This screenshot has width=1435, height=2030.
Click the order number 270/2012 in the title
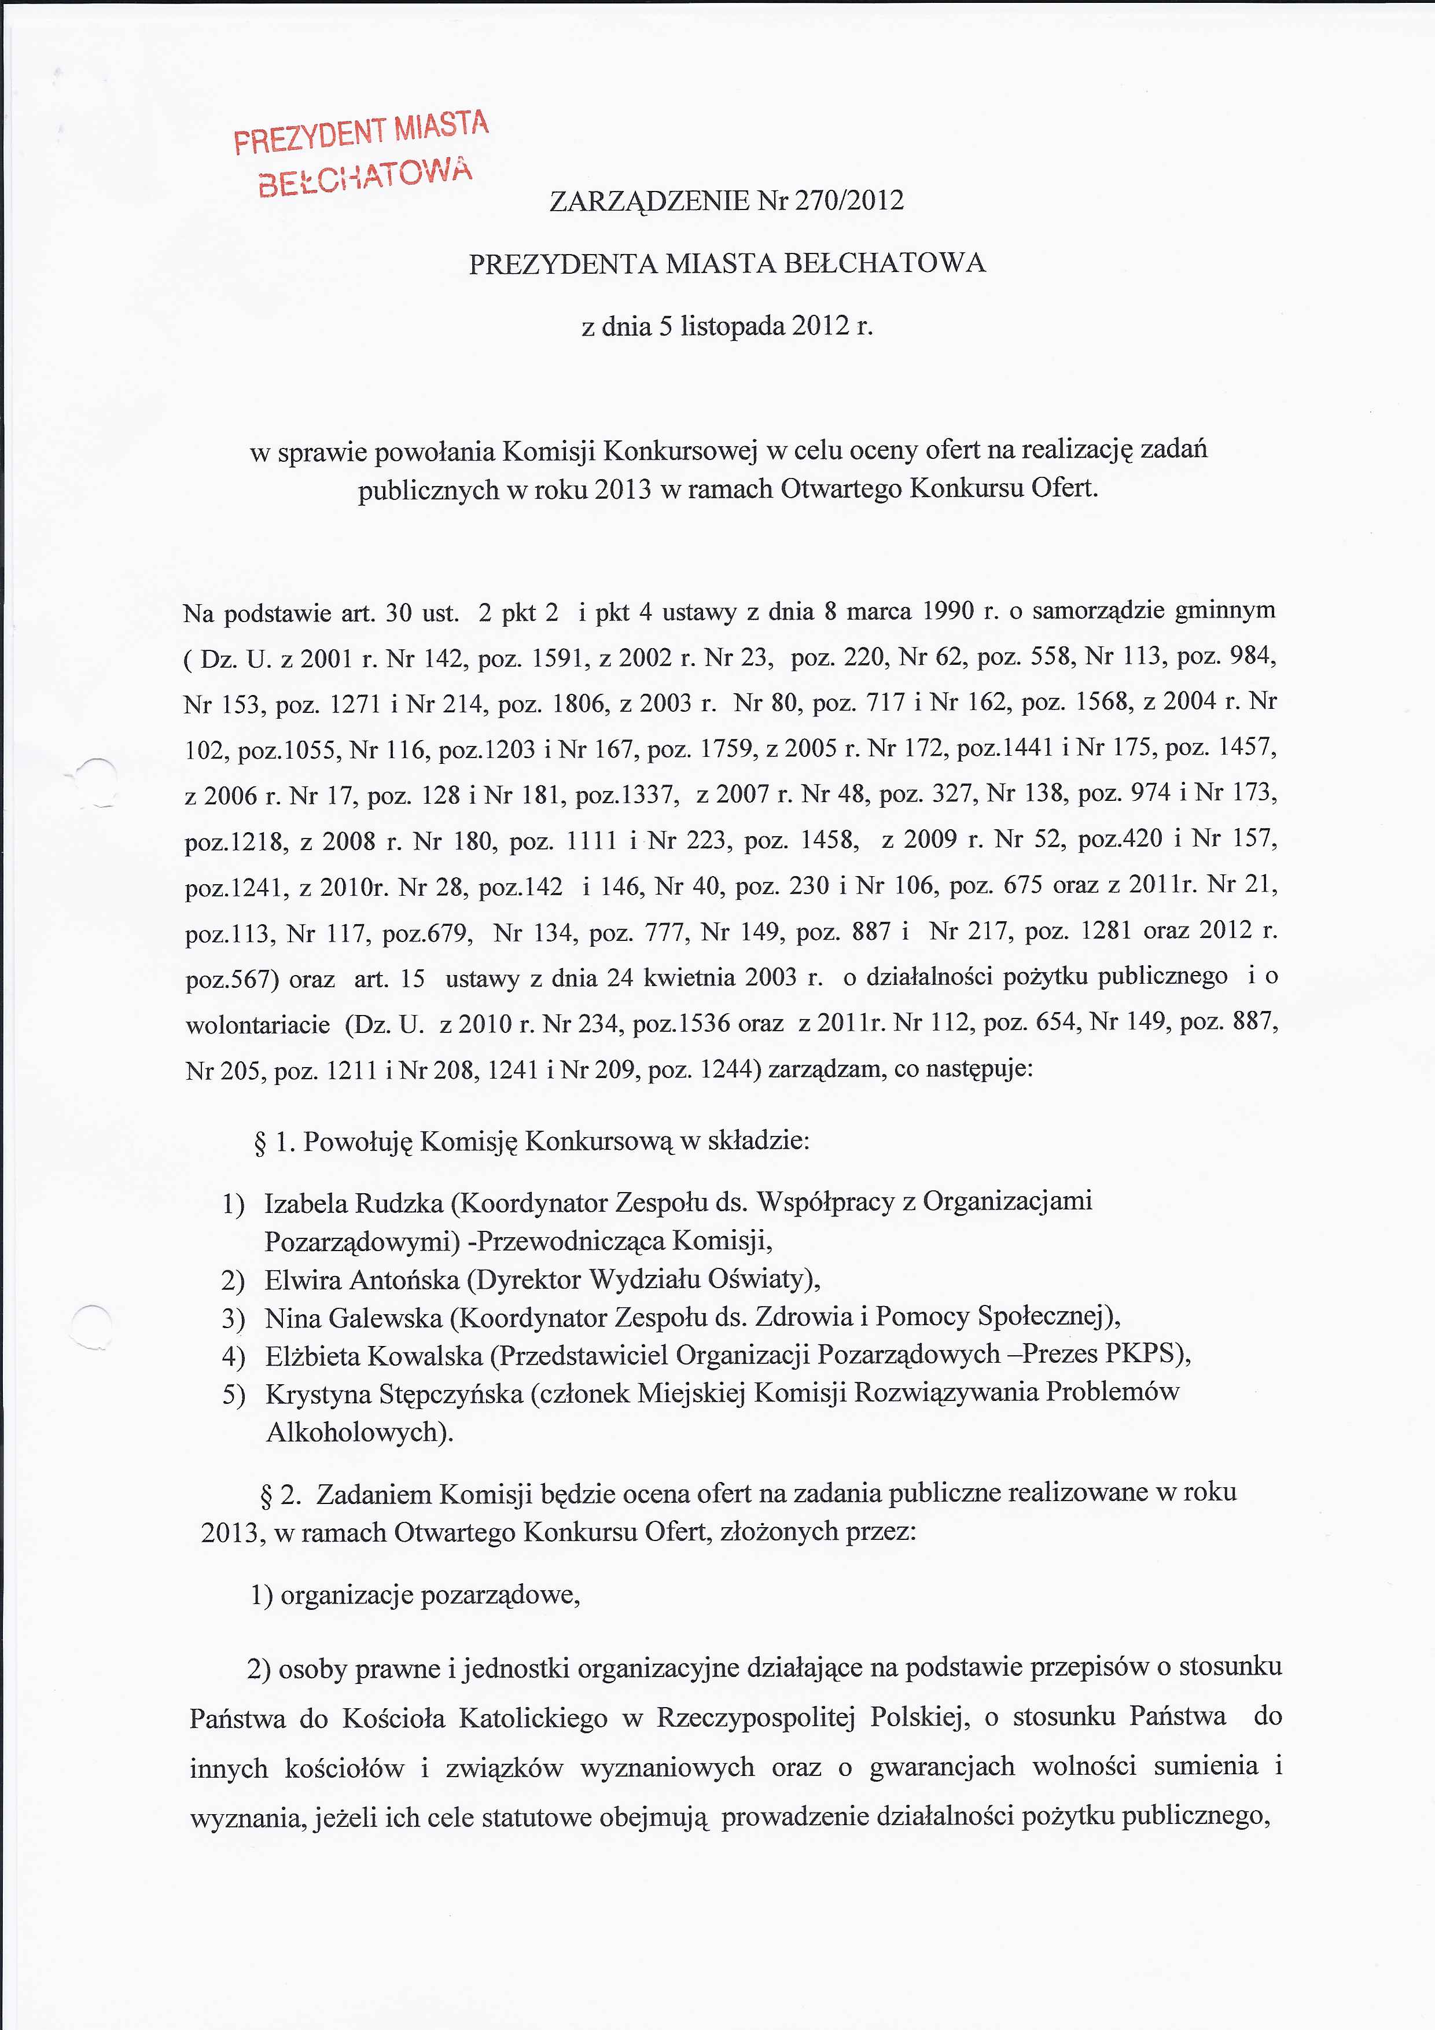(849, 201)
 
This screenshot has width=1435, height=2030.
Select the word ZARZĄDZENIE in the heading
(650, 201)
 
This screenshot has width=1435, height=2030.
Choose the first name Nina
(293, 1318)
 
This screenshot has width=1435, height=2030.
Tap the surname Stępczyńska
(451, 1393)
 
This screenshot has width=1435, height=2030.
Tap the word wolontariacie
(257, 1024)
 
